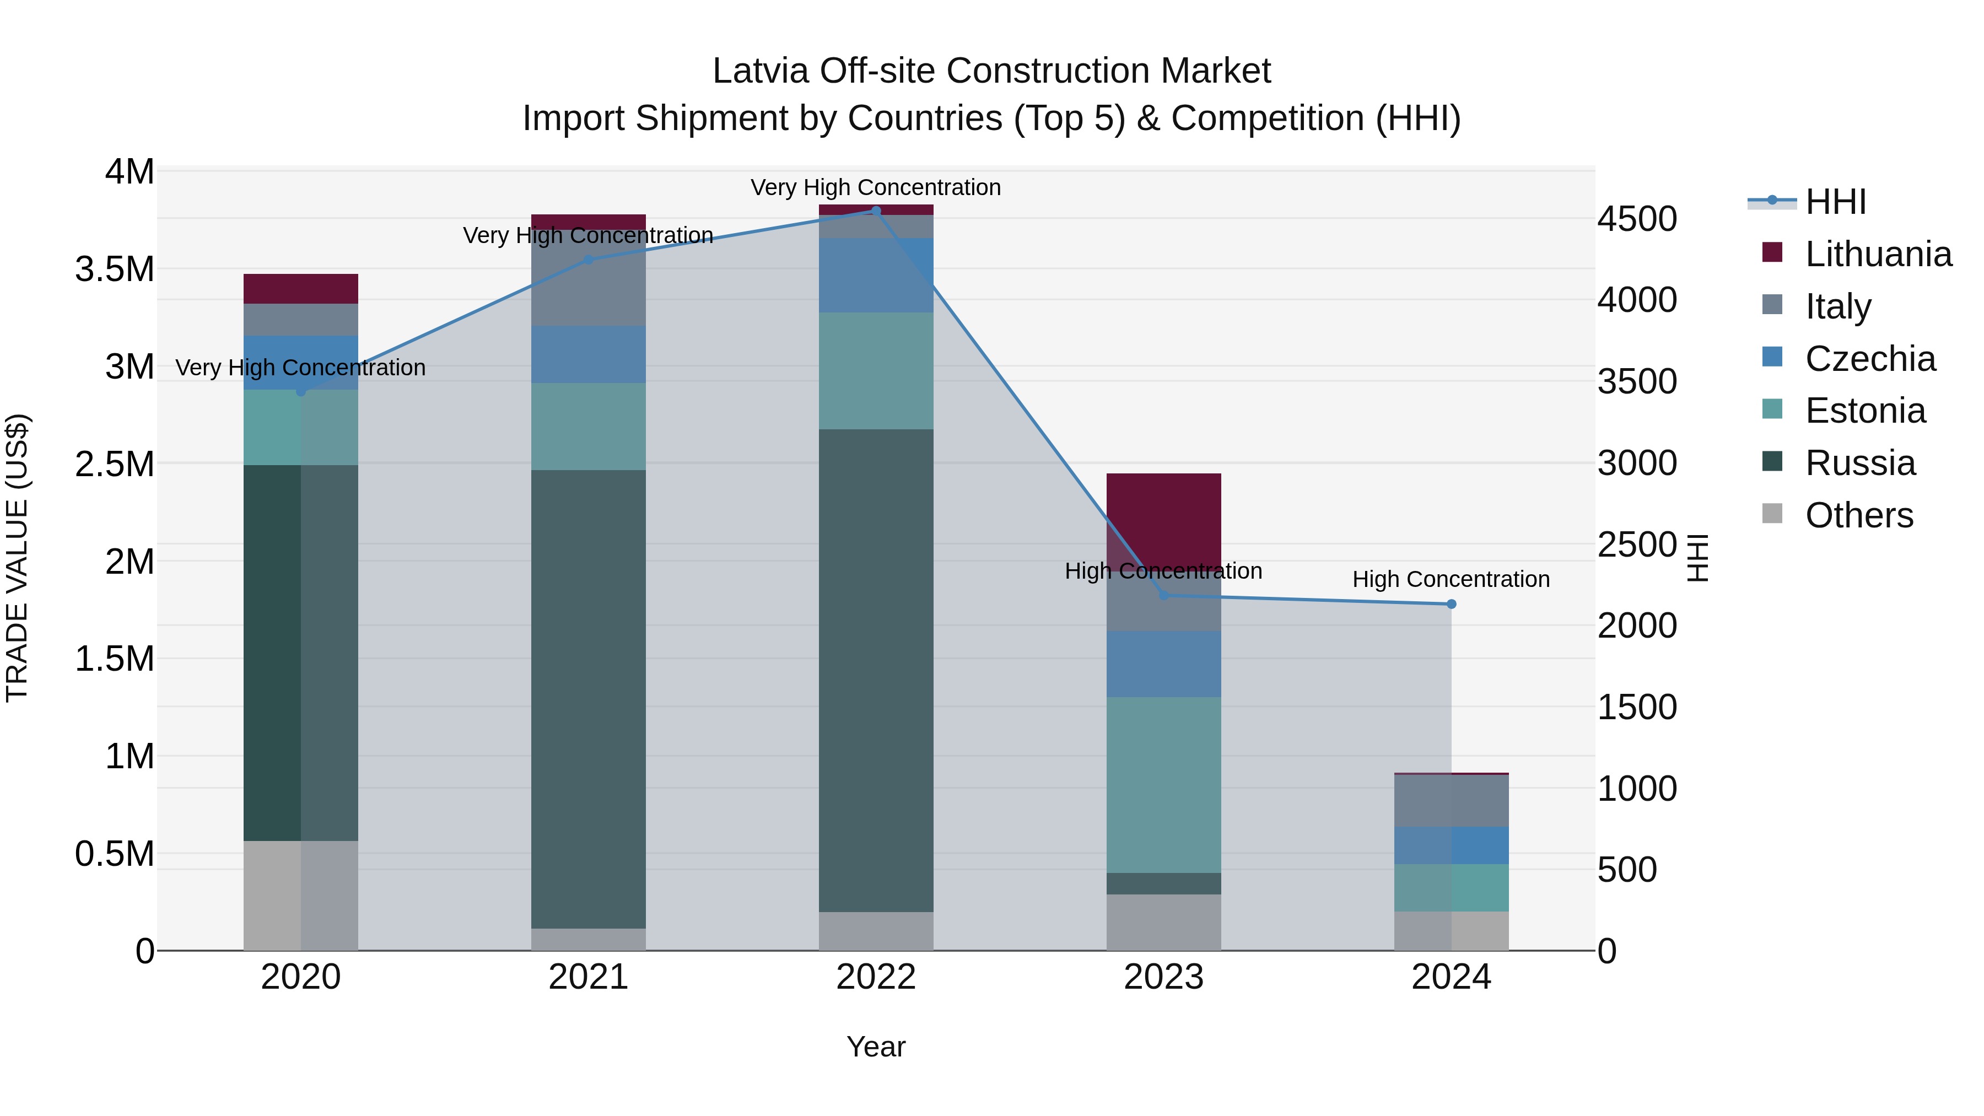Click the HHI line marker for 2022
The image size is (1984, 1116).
pyautogui.click(x=876, y=211)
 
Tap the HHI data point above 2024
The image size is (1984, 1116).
pyautogui.click(x=1451, y=604)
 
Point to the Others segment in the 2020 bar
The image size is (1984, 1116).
pyautogui.click(x=300, y=895)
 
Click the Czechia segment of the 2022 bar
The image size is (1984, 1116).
pyautogui.click(x=876, y=275)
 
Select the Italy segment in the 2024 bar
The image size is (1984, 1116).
pyautogui.click(x=1451, y=800)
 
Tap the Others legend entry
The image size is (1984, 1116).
pyautogui.click(x=1858, y=515)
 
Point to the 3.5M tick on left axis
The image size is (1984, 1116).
pyautogui.click(x=115, y=269)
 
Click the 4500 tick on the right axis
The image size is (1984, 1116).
pyautogui.click(x=1637, y=219)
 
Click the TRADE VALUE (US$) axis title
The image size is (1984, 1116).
pyautogui.click(x=17, y=558)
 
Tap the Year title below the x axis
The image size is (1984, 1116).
pyautogui.click(x=876, y=1047)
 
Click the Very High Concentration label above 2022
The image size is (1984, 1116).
pyautogui.click(x=876, y=187)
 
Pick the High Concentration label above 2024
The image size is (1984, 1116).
pyautogui.click(x=1451, y=579)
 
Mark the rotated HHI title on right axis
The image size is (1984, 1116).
pyautogui.click(x=1697, y=558)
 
